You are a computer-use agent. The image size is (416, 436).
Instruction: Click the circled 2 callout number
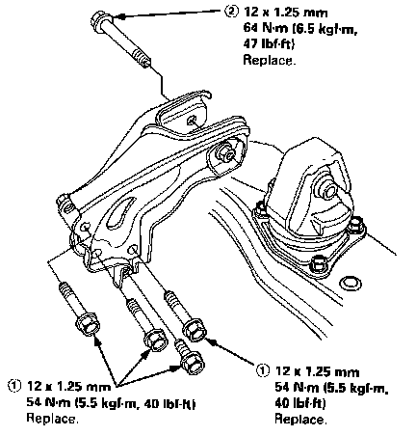231,13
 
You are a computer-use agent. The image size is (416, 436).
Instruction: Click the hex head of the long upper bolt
99,19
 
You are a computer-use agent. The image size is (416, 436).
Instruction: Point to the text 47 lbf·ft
269,44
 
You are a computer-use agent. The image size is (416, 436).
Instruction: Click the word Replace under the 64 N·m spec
269,60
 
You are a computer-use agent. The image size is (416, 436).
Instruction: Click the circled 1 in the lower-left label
13,386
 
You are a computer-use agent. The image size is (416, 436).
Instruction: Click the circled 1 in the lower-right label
263,370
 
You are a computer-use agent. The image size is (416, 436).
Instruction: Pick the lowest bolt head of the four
193,363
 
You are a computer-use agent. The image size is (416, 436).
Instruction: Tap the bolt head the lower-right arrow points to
195,330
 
